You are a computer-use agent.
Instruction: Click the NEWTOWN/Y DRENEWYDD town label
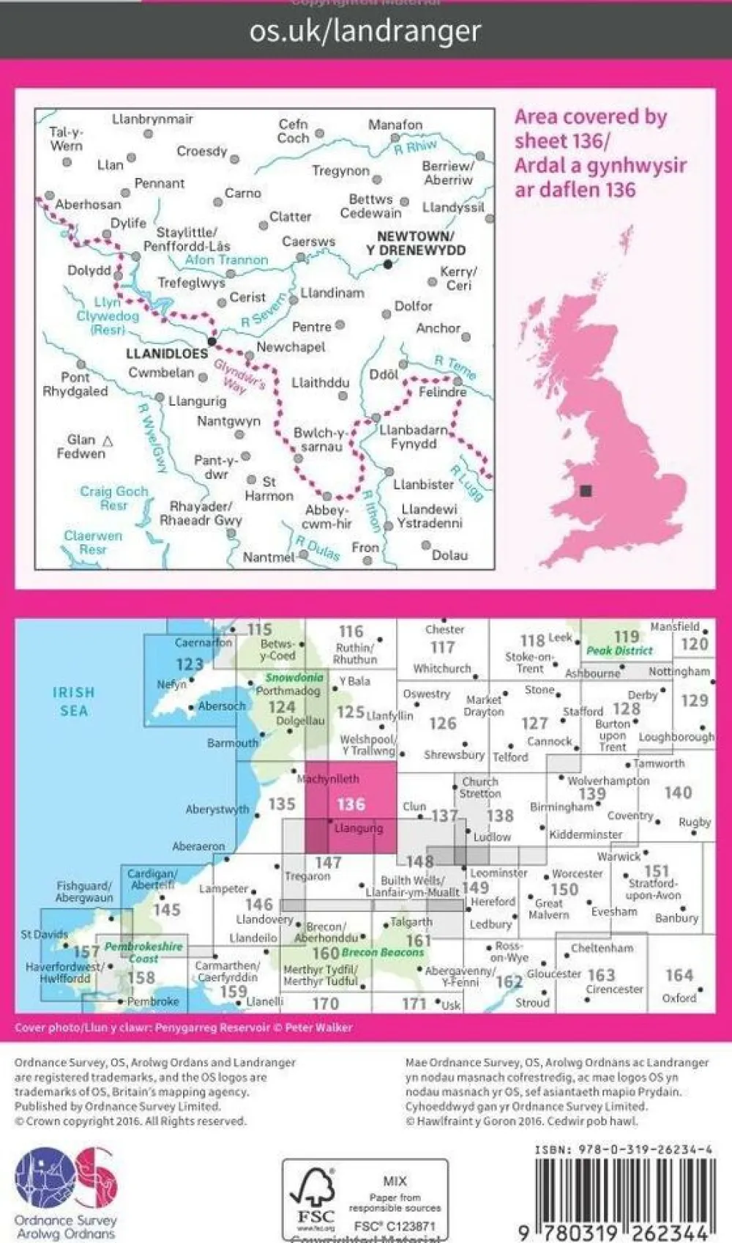click(x=415, y=242)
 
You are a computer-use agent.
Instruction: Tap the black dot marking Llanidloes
click(x=212, y=341)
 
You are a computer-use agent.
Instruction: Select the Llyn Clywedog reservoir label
click(x=107, y=316)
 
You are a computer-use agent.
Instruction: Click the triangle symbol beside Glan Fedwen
click(x=108, y=441)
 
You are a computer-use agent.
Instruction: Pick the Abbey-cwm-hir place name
click(x=326, y=516)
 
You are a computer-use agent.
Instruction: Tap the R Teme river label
click(x=455, y=367)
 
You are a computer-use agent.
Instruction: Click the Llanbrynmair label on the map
click(x=152, y=119)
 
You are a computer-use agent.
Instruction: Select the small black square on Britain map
click(x=585, y=491)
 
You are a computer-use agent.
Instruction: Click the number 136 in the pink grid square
click(x=351, y=804)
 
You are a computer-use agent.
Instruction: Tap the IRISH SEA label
click(x=73, y=701)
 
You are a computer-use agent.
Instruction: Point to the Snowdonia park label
click(x=294, y=678)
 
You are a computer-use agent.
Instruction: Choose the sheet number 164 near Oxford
click(x=679, y=975)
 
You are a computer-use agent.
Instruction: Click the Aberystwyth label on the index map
click(x=217, y=809)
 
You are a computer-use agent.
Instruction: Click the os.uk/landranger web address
click(x=365, y=31)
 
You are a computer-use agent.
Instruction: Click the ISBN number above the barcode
click(x=622, y=1150)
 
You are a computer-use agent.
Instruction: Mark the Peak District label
click(x=619, y=650)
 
